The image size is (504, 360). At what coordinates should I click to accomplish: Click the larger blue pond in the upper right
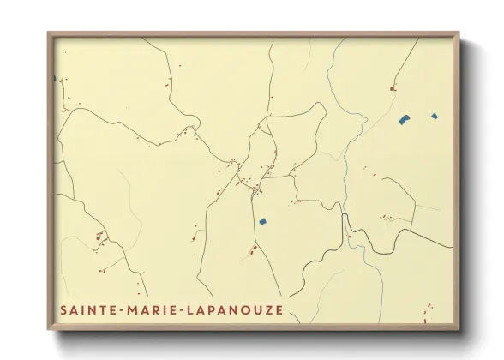(404, 119)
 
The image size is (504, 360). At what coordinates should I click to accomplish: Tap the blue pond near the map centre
(263, 222)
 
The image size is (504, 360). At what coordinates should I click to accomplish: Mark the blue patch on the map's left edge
(55, 79)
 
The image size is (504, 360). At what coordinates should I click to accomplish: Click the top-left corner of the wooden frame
(49, 34)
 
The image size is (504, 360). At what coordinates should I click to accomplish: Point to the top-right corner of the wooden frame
(458, 34)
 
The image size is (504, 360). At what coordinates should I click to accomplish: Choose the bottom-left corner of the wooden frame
(49, 330)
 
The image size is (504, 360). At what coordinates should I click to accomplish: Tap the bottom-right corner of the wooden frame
(458, 330)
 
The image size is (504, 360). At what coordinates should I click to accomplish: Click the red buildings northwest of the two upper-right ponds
(393, 87)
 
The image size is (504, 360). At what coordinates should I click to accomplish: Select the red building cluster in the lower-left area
(99, 236)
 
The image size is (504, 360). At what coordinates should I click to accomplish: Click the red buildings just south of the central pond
(254, 249)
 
